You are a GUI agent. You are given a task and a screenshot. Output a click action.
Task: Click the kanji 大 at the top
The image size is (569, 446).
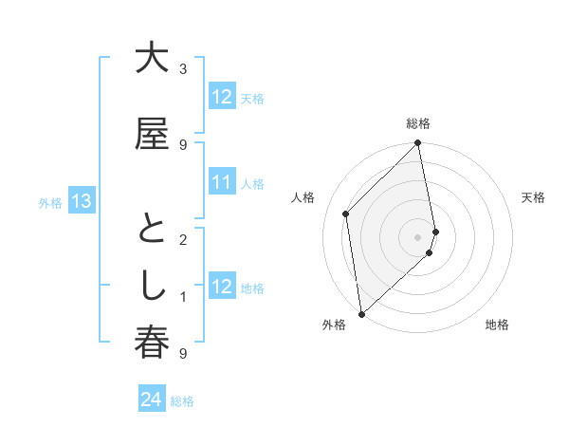(x=151, y=60)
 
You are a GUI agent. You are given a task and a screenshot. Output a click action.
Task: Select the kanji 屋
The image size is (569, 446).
(x=151, y=135)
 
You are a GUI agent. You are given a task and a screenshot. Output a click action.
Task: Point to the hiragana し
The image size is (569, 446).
(x=151, y=288)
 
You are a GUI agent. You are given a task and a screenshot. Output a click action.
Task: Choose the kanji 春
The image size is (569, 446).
(x=151, y=344)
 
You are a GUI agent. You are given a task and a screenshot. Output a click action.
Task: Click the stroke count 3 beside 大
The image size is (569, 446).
(x=183, y=69)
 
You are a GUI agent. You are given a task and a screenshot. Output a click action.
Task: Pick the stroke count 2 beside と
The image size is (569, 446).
(x=183, y=240)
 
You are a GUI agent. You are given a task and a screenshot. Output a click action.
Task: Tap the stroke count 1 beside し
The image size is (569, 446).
(x=183, y=297)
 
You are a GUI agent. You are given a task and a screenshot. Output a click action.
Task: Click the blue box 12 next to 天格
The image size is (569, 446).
(x=222, y=97)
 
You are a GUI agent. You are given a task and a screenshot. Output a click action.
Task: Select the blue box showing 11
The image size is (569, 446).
(x=222, y=182)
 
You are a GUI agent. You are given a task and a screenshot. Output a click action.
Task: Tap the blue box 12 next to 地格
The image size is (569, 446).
(x=222, y=287)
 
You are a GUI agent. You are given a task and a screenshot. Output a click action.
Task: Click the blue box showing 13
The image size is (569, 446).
(x=81, y=201)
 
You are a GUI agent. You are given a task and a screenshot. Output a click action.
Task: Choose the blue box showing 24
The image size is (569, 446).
(x=152, y=400)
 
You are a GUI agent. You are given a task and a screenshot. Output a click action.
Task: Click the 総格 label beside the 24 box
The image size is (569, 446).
(x=182, y=401)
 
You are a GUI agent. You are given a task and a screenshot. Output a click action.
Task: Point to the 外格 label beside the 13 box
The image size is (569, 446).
(x=50, y=202)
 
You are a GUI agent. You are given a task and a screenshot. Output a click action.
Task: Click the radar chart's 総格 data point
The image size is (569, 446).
(x=417, y=143)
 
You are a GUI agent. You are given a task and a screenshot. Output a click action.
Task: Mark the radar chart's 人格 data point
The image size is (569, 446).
(x=346, y=214)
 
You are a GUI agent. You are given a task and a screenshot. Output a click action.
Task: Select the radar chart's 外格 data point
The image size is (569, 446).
(x=361, y=313)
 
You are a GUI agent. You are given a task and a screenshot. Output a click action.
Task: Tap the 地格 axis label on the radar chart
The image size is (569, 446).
(x=497, y=325)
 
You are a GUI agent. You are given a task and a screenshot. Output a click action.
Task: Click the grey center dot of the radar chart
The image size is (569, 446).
(x=417, y=236)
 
